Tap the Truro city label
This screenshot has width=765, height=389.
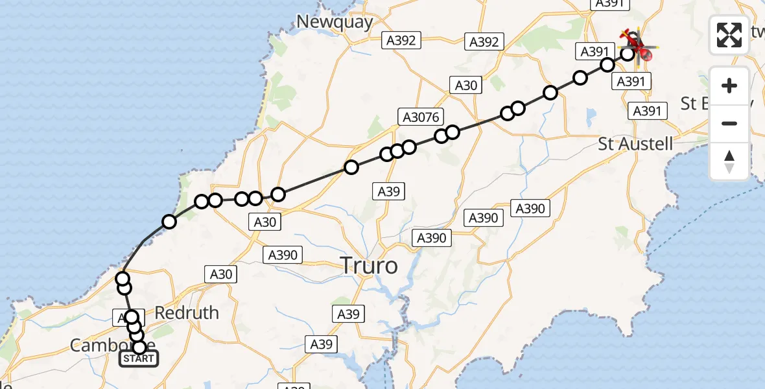tap(369, 266)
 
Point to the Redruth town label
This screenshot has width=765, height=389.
tap(187, 313)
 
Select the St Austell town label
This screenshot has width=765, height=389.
tap(635, 144)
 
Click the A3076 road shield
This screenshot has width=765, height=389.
tap(421, 117)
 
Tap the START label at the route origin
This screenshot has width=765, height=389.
tap(139, 359)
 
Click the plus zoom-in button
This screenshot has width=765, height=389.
tap(729, 86)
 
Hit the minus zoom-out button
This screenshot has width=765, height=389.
tap(729, 123)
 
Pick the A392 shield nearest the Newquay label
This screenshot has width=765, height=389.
tap(401, 40)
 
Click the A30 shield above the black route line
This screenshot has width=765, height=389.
tap(465, 85)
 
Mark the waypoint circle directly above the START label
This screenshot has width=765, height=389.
tap(139, 348)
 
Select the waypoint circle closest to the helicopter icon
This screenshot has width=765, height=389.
tap(628, 53)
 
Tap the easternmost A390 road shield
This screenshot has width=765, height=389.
tap(530, 208)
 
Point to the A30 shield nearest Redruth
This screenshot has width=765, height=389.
tap(221, 274)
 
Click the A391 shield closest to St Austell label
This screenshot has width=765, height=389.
tap(646, 111)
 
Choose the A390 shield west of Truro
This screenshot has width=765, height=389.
tap(283, 255)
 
